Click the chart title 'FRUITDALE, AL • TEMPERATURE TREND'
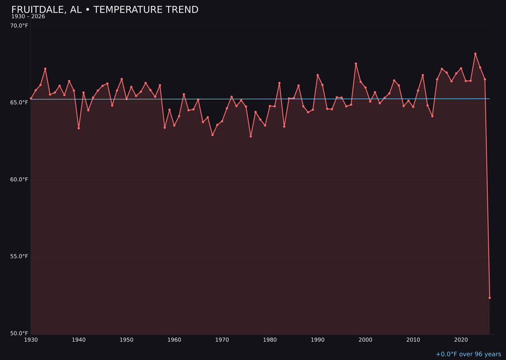104,10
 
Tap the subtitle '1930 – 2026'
28,16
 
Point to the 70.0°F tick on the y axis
19,25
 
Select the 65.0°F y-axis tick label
19,102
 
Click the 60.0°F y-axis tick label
19,180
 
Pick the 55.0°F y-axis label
19,256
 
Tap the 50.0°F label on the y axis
19,333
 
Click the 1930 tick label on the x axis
31,340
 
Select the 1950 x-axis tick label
126,340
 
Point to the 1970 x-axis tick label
222,340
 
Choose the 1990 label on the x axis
318,340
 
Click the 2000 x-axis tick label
365,340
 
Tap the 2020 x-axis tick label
461,340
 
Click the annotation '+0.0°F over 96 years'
468,354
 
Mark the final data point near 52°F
490,298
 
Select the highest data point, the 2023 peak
475,54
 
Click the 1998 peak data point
356,64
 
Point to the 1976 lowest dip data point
251,136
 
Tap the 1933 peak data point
45,69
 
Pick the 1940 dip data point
79,128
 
